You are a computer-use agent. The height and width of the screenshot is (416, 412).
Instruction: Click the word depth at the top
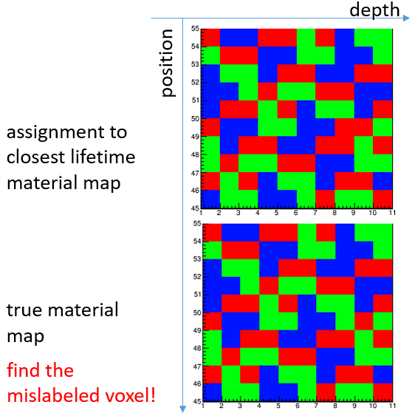[374, 10]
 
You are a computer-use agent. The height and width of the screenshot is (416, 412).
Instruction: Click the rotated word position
[168, 63]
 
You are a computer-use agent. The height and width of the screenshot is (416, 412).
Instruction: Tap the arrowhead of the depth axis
[406, 18]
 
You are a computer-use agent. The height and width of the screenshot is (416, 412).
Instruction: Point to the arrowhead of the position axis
[182, 409]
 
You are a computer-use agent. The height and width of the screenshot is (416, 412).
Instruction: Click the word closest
[35, 157]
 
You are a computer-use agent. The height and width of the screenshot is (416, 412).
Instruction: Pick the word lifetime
[103, 157]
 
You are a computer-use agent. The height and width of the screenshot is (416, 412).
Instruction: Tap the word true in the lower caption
[24, 310]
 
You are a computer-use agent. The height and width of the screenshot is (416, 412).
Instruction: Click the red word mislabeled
[54, 395]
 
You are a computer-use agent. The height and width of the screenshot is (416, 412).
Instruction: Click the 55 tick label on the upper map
[195, 29]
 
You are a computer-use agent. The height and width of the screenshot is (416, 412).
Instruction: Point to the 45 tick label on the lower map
[197, 401]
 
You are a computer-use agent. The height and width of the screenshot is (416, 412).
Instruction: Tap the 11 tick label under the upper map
[392, 213]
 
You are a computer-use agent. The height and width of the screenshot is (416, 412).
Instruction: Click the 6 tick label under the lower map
[298, 406]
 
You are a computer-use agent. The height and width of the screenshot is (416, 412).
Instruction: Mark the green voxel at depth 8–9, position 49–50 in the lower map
[345, 321]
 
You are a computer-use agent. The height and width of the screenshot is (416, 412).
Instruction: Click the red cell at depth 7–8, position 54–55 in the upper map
[325, 38]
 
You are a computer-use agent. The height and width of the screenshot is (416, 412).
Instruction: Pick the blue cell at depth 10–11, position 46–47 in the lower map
[383, 375]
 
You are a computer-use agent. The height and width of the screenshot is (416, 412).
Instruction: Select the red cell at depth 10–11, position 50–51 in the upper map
[383, 109]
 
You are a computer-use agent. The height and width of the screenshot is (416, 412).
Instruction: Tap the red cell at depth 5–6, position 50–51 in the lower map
[288, 304]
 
